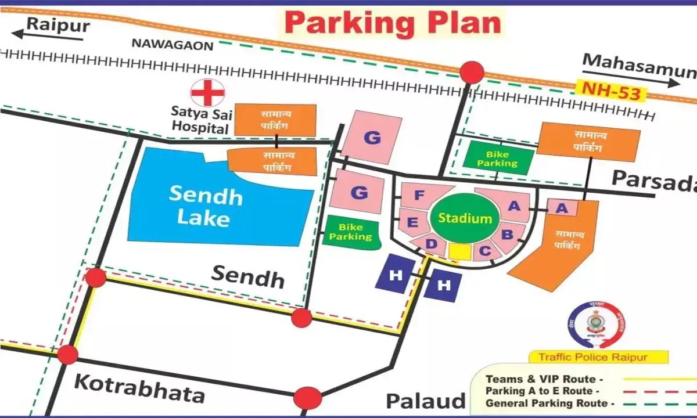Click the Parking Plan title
coord(393,23)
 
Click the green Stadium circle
coord(465,218)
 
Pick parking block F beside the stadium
coord(419,196)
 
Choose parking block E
coord(413,222)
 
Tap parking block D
coord(431,244)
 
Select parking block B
coord(508,235)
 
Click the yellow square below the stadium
coord(460,251)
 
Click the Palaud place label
coord(426,401)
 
